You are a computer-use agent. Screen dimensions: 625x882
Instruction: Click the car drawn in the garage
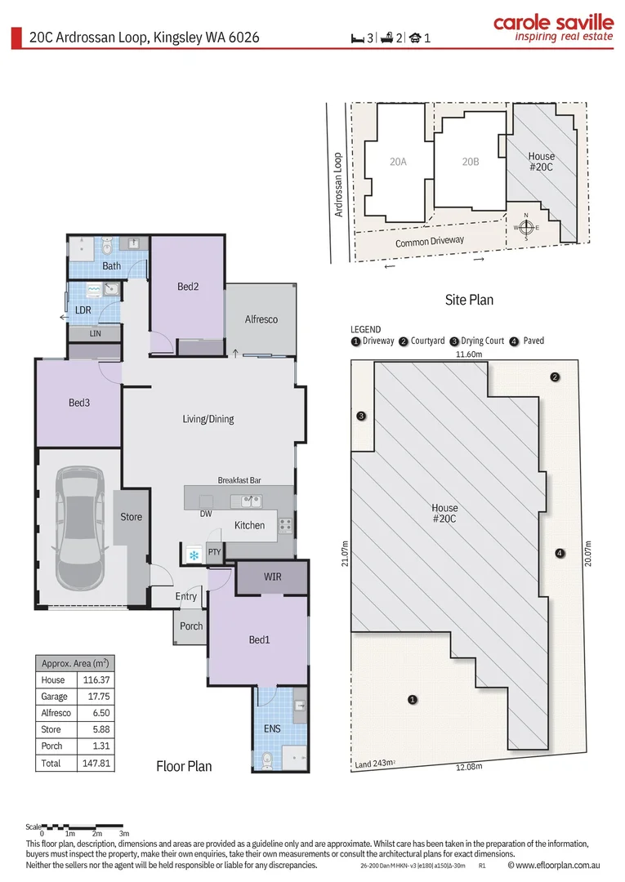pos(80,528)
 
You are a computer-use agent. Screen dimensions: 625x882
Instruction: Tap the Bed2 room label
pos(188,287)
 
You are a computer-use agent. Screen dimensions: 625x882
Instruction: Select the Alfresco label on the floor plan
pos(261,319)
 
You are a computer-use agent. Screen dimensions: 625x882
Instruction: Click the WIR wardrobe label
pos(272,577)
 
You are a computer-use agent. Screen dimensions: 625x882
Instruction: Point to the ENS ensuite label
pos(272,728)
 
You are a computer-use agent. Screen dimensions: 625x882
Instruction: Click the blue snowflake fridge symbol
pos(194,556)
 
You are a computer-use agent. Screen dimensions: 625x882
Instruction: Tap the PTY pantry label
pos(214,552)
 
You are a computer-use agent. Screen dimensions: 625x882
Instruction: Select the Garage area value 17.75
pos(98,697)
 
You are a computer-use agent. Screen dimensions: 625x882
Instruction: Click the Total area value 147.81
pos(96,764)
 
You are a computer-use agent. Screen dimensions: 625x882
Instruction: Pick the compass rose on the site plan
pos(526,227)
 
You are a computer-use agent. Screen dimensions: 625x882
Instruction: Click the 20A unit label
pos(399,162)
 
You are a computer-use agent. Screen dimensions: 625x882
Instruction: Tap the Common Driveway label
pos(430,241)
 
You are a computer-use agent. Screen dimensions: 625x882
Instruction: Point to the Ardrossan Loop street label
pos(338,185)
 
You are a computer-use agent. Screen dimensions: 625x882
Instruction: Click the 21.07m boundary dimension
pos(345,553)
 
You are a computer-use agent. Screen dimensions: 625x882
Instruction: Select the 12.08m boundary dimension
pos(469,767)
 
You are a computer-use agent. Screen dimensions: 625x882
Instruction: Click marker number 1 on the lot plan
pos(413,700)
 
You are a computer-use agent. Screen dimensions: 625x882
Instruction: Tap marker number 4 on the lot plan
pos(559,553)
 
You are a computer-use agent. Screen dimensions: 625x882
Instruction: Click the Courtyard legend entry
pos(422,341)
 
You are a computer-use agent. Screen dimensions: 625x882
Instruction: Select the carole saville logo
pos(554,28)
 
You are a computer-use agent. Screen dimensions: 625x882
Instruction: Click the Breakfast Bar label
pos(239,480)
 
